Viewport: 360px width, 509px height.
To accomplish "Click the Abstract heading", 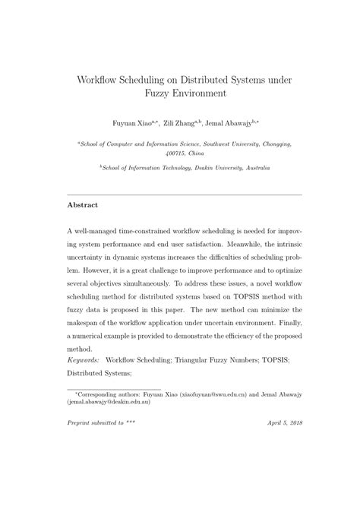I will (x=84, y=205).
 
